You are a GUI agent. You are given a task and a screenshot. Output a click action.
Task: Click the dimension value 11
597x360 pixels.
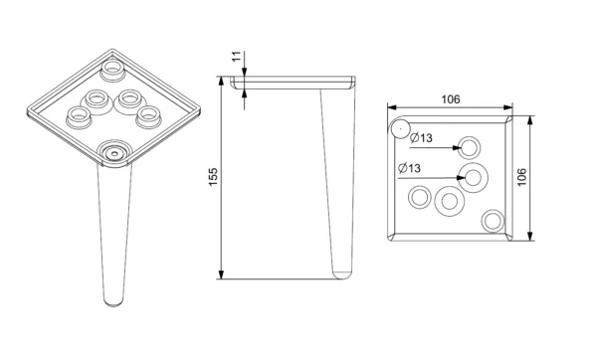pos(237,57)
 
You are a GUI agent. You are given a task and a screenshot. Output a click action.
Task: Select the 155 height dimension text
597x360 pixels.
pos(213,177)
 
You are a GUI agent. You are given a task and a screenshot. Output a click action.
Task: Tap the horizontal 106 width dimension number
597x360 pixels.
pos(451,99)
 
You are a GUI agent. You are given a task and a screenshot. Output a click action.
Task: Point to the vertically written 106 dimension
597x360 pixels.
pos(521,177)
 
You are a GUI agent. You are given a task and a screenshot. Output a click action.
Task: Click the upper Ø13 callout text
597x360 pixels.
pos(422,137)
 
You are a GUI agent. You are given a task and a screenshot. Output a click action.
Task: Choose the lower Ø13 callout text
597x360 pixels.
pos(409,168)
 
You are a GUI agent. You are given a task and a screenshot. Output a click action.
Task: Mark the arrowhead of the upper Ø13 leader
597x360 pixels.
pos(457,147)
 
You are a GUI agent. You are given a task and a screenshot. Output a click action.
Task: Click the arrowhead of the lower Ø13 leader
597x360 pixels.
pos(461,178)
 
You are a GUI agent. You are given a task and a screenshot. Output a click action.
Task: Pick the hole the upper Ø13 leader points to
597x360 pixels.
pos(469,147)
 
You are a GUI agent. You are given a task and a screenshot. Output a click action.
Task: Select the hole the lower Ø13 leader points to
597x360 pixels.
pos(474,178)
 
